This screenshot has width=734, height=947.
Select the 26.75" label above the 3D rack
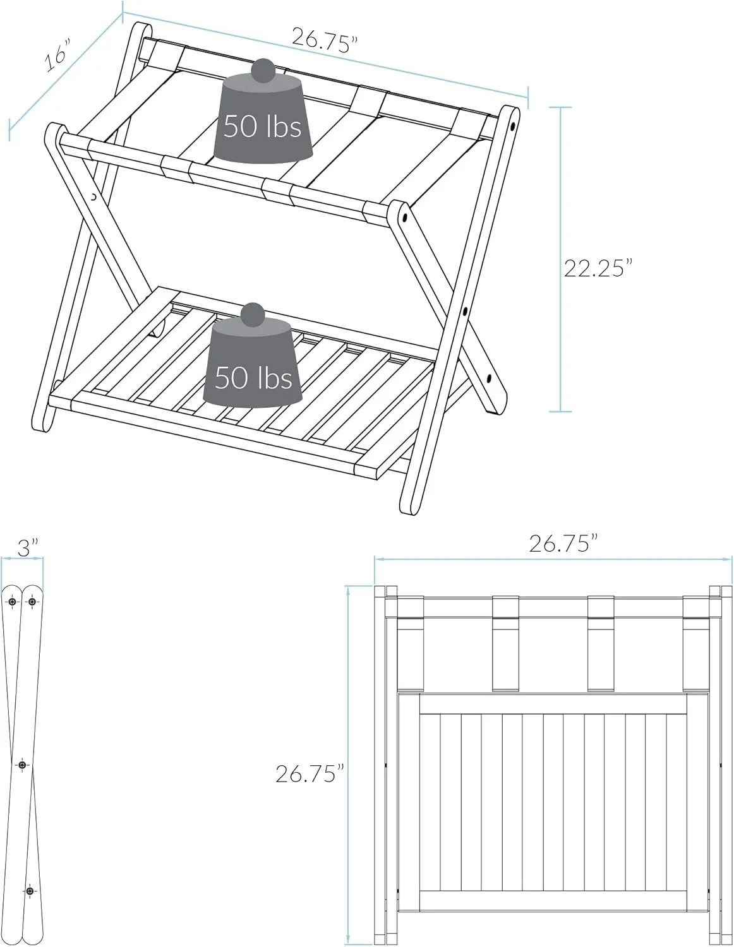pyautogui.click(x=325, y=39)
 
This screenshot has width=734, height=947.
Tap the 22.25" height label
pyautogui.click(x=598, y=268)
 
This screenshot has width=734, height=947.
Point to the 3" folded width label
pyautogui.click(x=27, y=547)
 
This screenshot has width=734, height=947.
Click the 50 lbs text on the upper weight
pyautogui.click(x=262, y=126)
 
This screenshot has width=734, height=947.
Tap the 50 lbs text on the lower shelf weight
pyautogui.click(x=253, y=378)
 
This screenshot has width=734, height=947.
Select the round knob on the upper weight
pyautogui.click(x=263, y=68)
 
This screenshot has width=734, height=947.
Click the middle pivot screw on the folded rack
pyautogui.click(x=22, y=765)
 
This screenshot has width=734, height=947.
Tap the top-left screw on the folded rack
pyautogui.click(x=12, y=602)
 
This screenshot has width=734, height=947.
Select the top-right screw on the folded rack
pyautogui.click(x=32, y=602)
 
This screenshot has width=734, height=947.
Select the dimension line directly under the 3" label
pyautogui.click(x=22, y=559)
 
